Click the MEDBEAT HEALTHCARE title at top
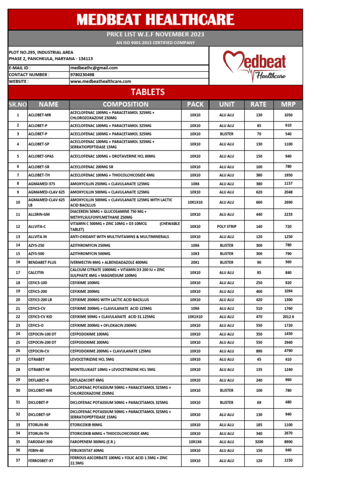pyautogui.click(x=155, y=20)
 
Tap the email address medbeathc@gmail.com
pyautogui.click(x=94, y=68)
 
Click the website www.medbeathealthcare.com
pyautogui.click(x=100, y=81)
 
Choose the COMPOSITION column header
pyautogui.click(x=125, y=105)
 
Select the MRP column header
pyautogui.click(x=288, y=105)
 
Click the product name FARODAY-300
pyautogui.click(x=40, y=442)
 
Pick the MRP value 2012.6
pyautogui.click(x=288, y=316)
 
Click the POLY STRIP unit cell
pyautogui.click(x=227, y=226)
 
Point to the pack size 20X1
pyautogui.click(x=195, y=262)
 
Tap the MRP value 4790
pyautogui.click(x=288, y=350)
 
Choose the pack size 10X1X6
pyautogui.click(x=195, y=442)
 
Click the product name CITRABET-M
pyautogui.click(x=39, y=369)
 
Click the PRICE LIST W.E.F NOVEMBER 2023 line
pyautogui.click(x=155, y=35)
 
